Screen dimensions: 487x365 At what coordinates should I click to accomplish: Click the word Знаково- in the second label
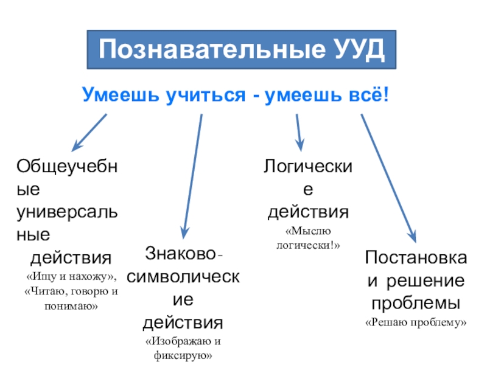tap(183, 252)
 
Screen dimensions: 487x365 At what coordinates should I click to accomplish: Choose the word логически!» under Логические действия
tap(308, 245)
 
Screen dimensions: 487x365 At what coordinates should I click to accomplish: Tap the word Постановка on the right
tap(416, 258)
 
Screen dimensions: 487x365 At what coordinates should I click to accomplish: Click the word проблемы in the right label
tap(416, 302)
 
